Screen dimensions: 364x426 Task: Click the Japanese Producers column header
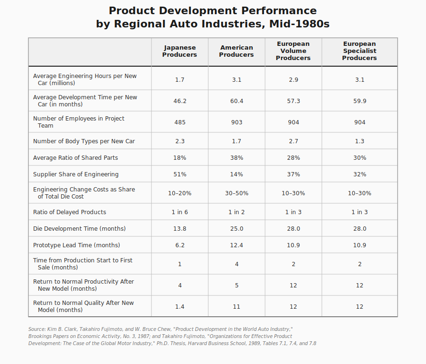pos(180,51)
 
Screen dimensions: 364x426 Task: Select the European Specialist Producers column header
pos(360,51)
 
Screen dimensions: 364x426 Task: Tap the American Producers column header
pos(237,51)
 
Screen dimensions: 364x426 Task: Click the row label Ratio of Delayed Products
pos(70,212)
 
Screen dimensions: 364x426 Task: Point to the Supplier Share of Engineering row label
pos(76,174)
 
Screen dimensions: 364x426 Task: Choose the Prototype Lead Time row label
pos(77,245)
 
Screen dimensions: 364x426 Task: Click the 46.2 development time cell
pos(180,101)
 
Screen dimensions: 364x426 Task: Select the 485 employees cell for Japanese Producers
pos(180,122)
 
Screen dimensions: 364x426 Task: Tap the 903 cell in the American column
pos(237,122)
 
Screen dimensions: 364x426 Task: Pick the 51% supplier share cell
pos(180,174)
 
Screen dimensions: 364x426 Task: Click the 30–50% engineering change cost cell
pos(237,193)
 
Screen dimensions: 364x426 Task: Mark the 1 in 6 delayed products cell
pos(180,212)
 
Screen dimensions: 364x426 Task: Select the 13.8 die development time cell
pos(180,229)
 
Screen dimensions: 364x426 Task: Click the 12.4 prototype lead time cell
pos(237,245)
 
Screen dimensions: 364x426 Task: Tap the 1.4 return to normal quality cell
pos(180,307)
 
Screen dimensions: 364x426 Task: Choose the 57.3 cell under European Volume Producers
pos(293,101)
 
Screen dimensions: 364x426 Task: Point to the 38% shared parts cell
pos(237,158)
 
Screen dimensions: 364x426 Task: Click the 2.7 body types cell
pos(293,141)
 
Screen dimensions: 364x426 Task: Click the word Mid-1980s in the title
pos(299,24)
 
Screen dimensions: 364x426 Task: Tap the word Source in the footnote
pos(36,329)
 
